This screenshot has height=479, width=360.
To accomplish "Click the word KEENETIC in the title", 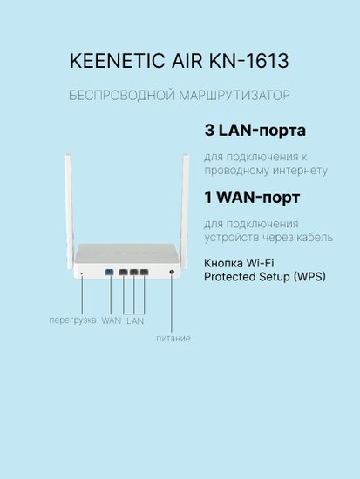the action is click(117, 61).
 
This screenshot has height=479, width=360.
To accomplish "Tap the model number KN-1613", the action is click(248, 61).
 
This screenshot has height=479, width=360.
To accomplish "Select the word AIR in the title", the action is click(187, 61).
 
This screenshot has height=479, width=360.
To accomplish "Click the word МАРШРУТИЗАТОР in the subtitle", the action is click(234, 95).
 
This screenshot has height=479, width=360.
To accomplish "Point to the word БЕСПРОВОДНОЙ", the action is click(122, 95).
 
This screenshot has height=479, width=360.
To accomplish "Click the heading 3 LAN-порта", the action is click(255, 131).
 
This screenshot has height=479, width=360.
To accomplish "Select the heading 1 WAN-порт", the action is click(252, 198).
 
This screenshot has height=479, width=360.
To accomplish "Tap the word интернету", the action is click(300, 170).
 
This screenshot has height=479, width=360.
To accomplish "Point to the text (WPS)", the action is click(309, 277).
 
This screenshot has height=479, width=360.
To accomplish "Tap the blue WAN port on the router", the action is click(109, 272).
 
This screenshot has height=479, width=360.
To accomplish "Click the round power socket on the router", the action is click(171, 272).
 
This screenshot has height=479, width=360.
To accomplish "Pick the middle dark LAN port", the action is click(133, 272).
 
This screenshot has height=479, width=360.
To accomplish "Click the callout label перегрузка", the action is click(73, 320).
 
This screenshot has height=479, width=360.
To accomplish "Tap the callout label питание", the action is click(173, 339).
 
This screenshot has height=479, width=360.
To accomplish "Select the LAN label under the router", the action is click(135, 320).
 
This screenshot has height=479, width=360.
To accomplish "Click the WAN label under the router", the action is click(112, 320).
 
